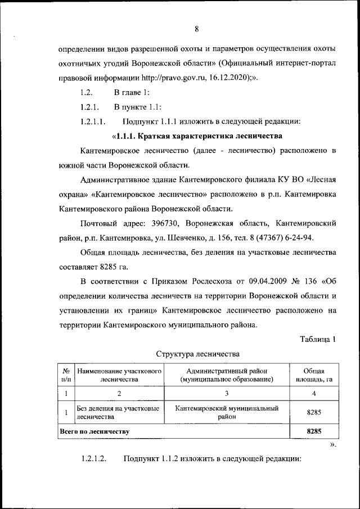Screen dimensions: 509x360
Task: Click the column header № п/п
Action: [x=66, y=375]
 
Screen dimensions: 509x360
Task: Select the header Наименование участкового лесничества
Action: [x=119, y=375]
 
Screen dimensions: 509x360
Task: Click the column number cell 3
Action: [x=226, y=393]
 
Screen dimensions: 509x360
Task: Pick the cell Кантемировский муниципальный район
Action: [x=226, y=413]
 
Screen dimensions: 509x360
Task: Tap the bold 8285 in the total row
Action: [x=313, y=431]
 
